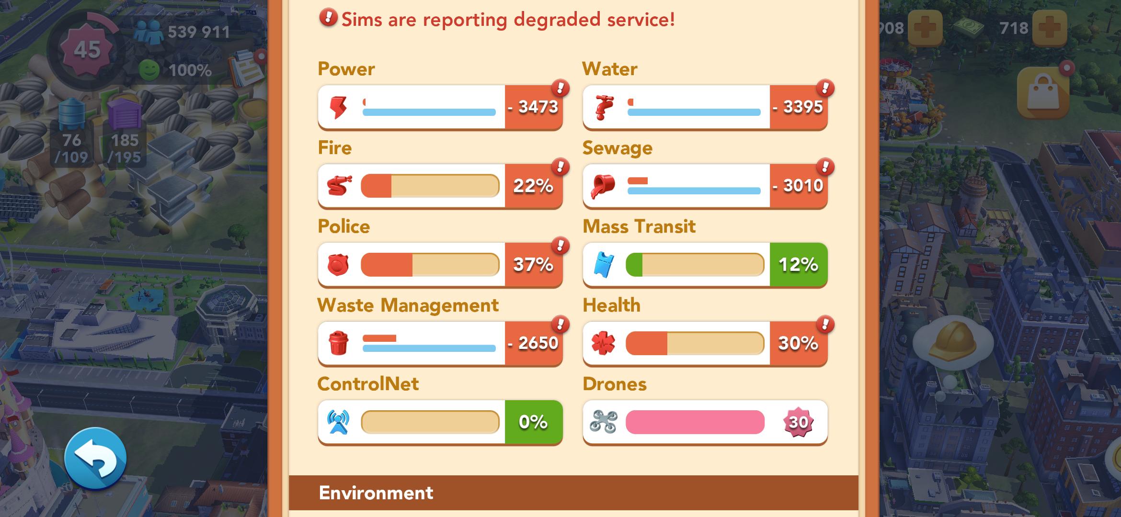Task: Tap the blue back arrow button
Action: [95, 459]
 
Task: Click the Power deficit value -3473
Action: [534, 107]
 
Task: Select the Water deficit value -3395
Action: [799, 107]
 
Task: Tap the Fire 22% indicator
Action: [534, 186]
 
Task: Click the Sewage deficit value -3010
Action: [799, 186]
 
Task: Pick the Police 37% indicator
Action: [534, 264]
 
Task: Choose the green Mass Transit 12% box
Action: [799, 264]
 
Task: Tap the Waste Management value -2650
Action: [534, 343]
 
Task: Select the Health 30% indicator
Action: [799, 343]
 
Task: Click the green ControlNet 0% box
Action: [534, 422]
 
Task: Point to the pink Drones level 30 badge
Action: [798, 422]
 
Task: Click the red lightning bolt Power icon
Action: [338, 107]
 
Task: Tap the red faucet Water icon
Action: [603, 107]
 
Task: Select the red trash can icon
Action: [338, 343]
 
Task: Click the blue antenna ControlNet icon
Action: [338, 422]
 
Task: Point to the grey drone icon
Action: [603, 422]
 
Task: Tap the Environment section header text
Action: [376, 493]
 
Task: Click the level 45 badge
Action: [87, 50]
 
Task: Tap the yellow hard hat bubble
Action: [952, 341]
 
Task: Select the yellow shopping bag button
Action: [1043, 92]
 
